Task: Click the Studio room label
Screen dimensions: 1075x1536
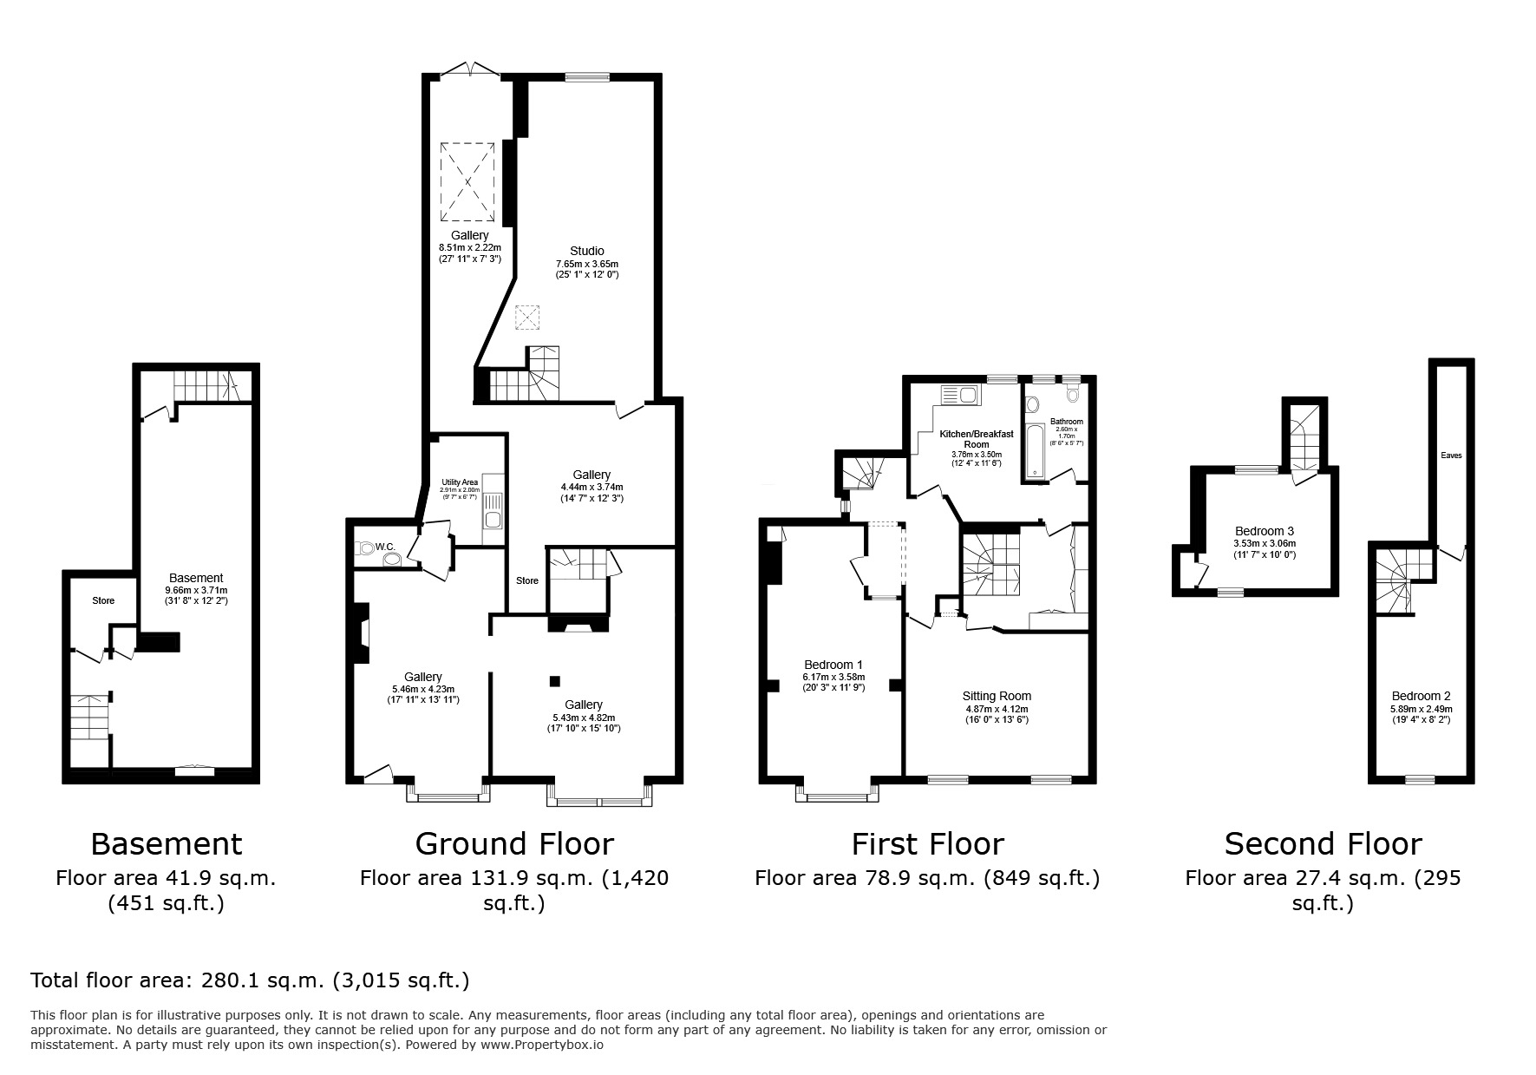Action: coord(586,252)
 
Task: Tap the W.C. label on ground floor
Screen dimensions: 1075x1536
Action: coord(385,547)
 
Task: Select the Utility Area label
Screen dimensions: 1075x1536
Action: coord(460,482)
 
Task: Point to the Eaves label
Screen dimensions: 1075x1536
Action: coord(1451,455)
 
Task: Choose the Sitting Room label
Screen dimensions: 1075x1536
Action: coord(997,696)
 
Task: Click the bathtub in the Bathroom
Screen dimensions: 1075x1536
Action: coord(1036,451)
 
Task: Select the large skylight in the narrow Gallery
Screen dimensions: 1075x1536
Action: coord(468,182)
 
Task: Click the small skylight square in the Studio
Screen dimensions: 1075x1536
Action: coord(526,318)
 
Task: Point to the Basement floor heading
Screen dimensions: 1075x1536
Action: coord(167,843)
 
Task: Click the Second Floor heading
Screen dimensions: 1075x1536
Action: coord(1323,843)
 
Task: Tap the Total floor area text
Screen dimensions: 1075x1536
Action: coord(250,980)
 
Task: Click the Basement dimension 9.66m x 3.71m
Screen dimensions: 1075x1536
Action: coord(196,590)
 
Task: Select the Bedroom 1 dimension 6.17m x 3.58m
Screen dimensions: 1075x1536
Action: coord(833,677)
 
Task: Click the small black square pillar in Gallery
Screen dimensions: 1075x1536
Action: coord(555,681)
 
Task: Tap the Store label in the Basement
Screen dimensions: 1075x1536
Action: coord(103,600)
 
